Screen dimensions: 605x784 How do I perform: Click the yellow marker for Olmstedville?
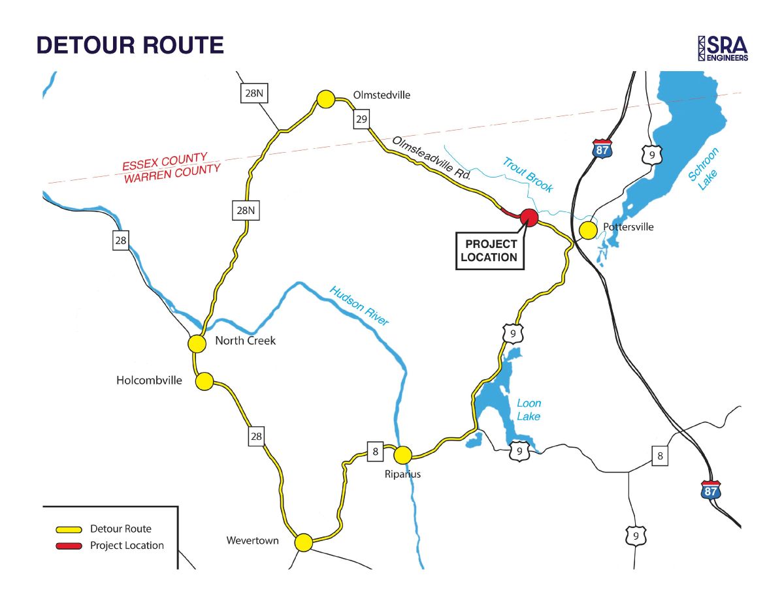(x=325, y=99)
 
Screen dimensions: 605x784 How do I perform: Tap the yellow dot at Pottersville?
(x=588, y=230)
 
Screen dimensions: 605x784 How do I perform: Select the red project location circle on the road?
(x=529, y=218)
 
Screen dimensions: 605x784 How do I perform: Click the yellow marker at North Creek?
(x=197, y=343)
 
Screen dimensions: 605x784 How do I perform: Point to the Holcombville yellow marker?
(x=204, y=381)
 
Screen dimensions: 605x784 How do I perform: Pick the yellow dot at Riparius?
(x=402, y=454)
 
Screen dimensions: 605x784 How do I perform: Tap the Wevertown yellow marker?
(x=303, y=542)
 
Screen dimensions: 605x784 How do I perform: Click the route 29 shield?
(x=362, y=119)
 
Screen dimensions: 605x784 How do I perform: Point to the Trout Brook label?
(x=528, y=175)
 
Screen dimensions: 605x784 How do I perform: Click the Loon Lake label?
(x=529, y=410)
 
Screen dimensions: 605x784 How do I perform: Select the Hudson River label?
(x=359, y=305)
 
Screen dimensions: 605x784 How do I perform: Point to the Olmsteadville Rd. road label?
(x=432, y=159)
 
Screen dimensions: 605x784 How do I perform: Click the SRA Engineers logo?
(x=723, y=48)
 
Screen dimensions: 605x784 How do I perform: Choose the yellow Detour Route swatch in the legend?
(x=69, y=529)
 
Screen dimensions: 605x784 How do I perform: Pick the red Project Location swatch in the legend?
(x=69, y=546)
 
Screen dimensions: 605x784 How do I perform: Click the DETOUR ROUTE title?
(x=130, y=45)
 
